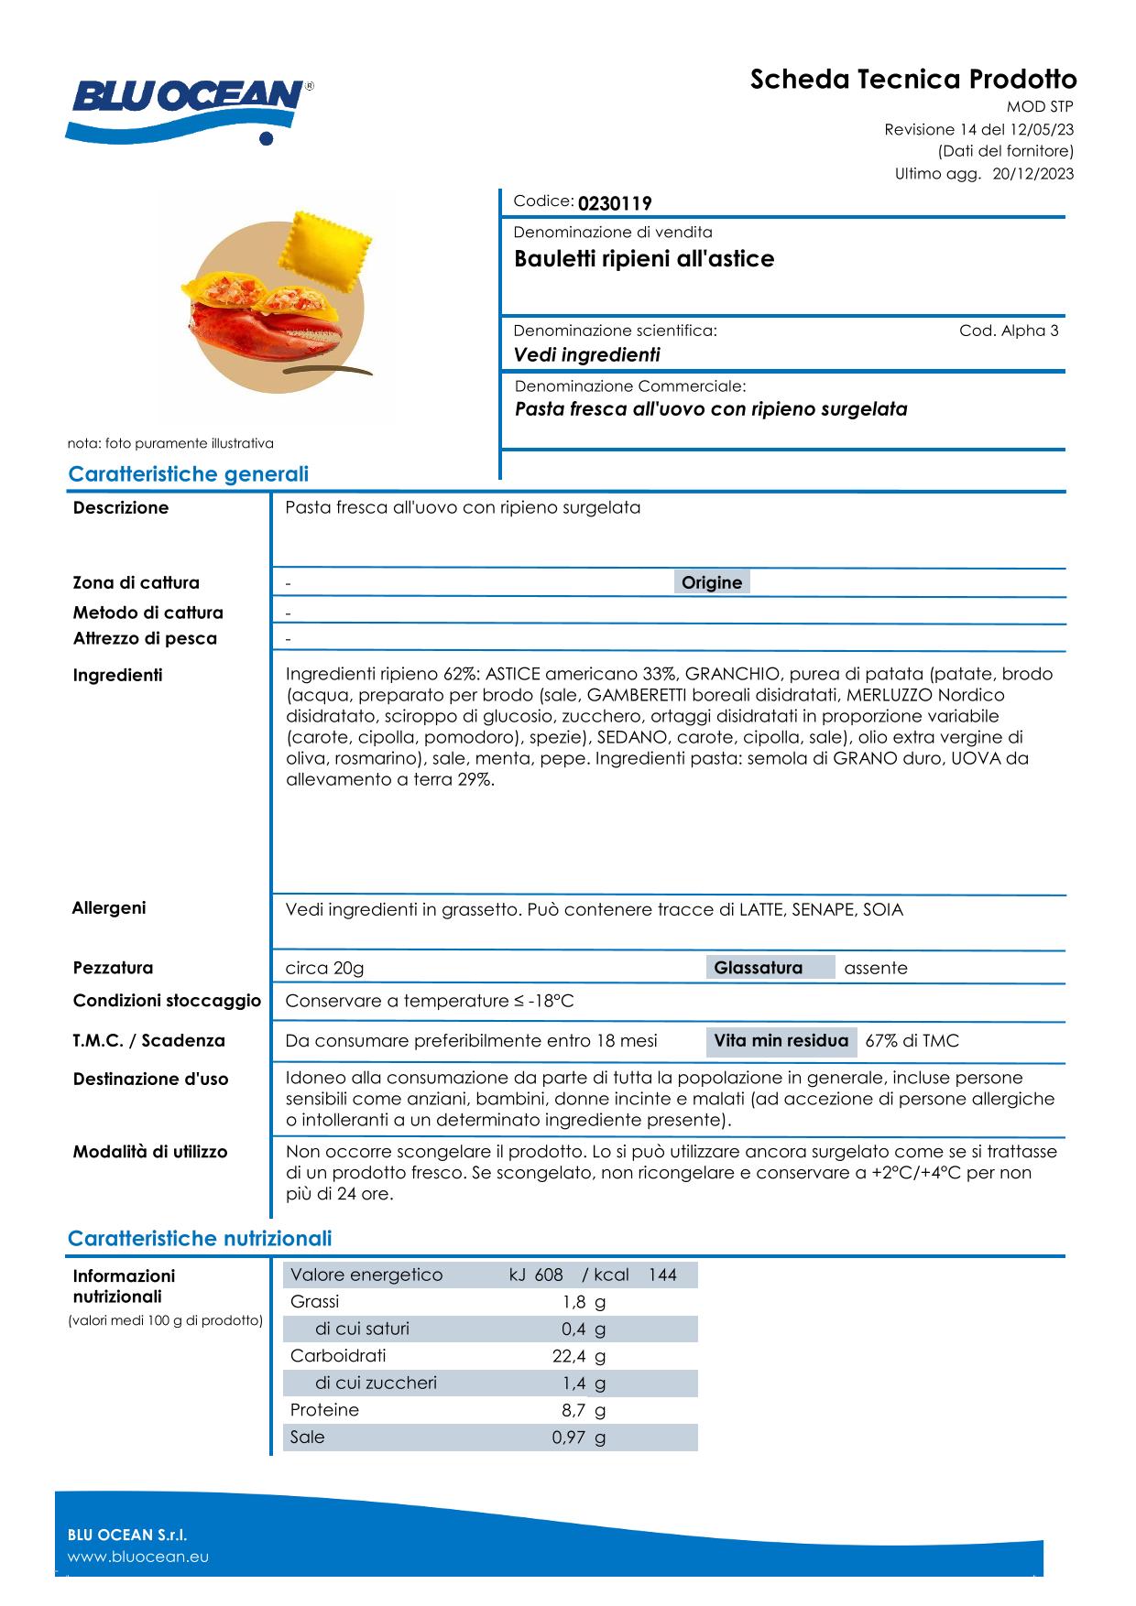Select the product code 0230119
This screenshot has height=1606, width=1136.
point(615,203)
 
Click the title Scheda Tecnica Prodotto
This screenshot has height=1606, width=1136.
point(913,80)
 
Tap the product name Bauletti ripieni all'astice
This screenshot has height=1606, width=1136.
point(644,259)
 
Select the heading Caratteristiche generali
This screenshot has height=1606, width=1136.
point(188,474)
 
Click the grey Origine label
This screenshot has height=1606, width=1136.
point(712,582)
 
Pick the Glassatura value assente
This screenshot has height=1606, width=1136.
point(876,968)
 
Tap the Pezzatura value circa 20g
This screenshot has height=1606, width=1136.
point(324,968)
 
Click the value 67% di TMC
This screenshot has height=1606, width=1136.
point(912,1041)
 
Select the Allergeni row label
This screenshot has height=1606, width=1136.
point(109,908)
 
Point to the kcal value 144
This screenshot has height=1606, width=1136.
point(662,1275)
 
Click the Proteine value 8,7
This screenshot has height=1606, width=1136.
point(573,1410)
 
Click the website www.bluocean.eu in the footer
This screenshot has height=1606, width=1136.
point(138,1557)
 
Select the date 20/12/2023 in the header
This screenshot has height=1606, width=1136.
point(1033,174)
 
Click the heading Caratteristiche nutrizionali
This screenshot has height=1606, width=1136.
point(200,1239)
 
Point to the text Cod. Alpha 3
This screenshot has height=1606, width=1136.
point(1009,331)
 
